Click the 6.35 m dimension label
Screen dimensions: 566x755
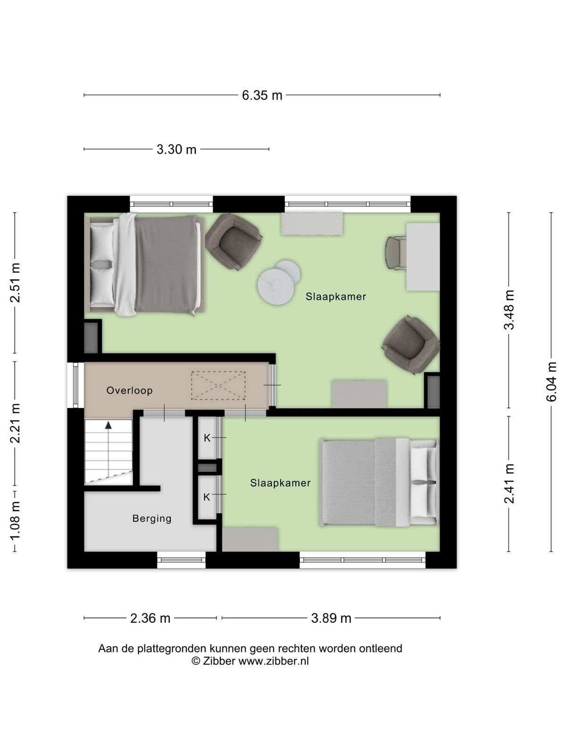pyautogui.click(x=262, y=95)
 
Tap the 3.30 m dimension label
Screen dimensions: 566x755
pyautogui.click(x=176, y=150)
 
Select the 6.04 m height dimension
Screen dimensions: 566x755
pyautogui.click(x=551, y=381)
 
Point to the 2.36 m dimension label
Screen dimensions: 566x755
pyautogui.click(x=150, y=619)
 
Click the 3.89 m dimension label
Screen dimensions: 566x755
pyautogui.click(x=331, y=619)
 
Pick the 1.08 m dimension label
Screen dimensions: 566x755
pyautogui.click(x=15, y=521)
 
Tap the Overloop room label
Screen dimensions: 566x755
pyautogui.click(x=130, y=390)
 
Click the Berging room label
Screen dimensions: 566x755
pyautogui.click(x=152, y=518)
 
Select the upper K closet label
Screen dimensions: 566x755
pyautogui.click(x=207, y=438)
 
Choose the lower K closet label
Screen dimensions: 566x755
pyautogui.click(x=207, y=497)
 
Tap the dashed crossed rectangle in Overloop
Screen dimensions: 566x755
pyautogui.click(x=218, y=386)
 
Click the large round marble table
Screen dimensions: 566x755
pyautogui.click(x=275, y=286)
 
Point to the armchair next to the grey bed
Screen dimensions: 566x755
pyautogui.click(x=233, y=241)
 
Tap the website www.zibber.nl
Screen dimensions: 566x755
pyautogui.click(x=274, y=661)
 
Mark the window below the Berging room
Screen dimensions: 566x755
pyautogui.click(x=182, y=560)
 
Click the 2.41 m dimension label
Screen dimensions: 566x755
pyautogui.click(x=509, y=484)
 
